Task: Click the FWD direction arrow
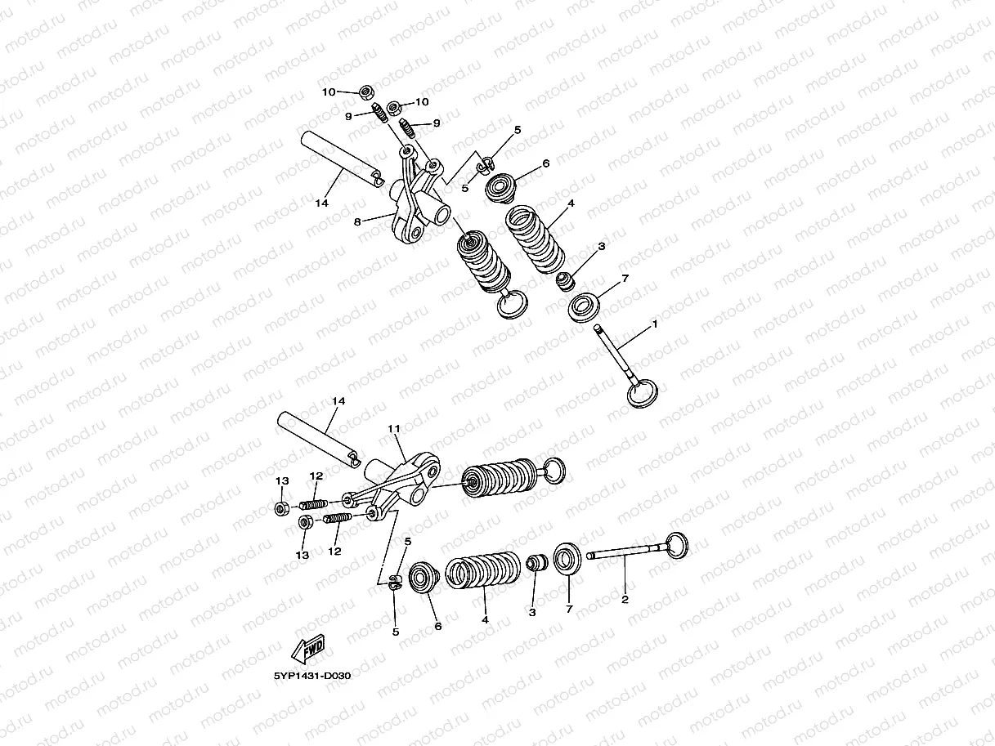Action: click(307, 648)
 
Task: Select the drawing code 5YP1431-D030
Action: click(311, 676)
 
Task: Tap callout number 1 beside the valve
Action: click(654, 324)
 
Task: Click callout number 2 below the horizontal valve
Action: click(625, 600)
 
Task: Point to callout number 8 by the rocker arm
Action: click(357, 222)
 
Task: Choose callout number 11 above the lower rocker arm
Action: click(394, 428)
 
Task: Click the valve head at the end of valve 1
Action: click(643, 394)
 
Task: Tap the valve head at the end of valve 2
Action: click(677, 545)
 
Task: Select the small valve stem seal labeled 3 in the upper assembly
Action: click(565, 281)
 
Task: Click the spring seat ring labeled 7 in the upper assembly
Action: click(584, 307)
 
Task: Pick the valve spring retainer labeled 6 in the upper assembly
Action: click(501, 188)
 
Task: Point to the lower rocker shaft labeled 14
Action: click(319, 440)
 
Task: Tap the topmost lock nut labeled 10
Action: click(366, 93)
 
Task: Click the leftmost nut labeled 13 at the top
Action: click(282, 508)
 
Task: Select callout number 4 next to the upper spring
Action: click(571, 203)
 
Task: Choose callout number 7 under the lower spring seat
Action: click(569, 610)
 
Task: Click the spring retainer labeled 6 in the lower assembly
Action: click(424, 577)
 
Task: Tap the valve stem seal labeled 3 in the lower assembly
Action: click(536, 562)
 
